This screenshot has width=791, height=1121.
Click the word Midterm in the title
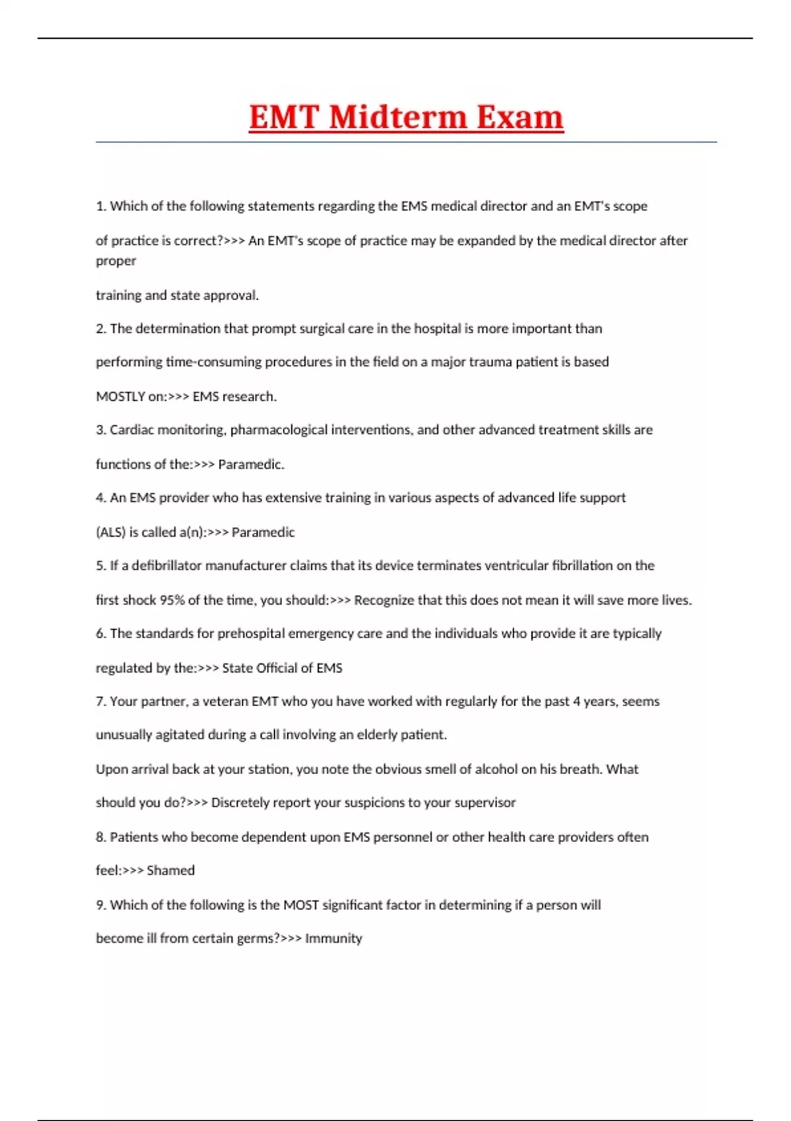(397, 117)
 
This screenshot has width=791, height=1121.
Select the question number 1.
(100, 206)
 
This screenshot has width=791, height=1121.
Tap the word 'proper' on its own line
(116, 261)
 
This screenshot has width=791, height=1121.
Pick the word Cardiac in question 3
(132, 430)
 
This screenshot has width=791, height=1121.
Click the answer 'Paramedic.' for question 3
(251, 464)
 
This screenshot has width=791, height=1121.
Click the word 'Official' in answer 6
(279, 668)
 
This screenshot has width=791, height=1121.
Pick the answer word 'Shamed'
(171, 870)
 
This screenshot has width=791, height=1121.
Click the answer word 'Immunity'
(334, 938)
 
